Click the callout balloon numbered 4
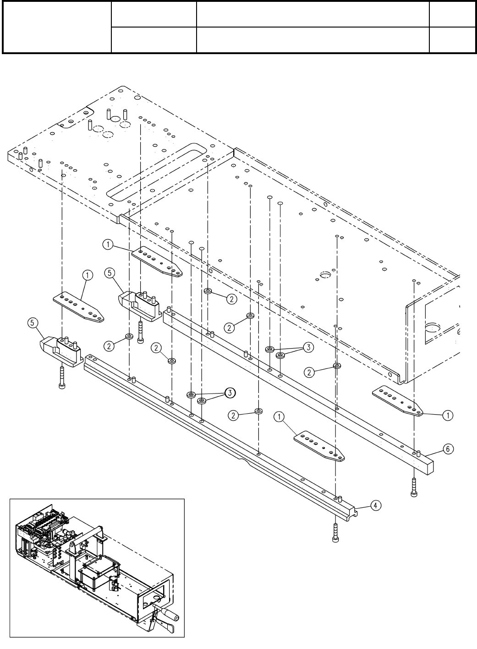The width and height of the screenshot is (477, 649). pos(375,505)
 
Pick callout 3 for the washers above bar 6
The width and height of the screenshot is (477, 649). pos(308,348)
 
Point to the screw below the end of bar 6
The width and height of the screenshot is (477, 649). pos(414,487)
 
